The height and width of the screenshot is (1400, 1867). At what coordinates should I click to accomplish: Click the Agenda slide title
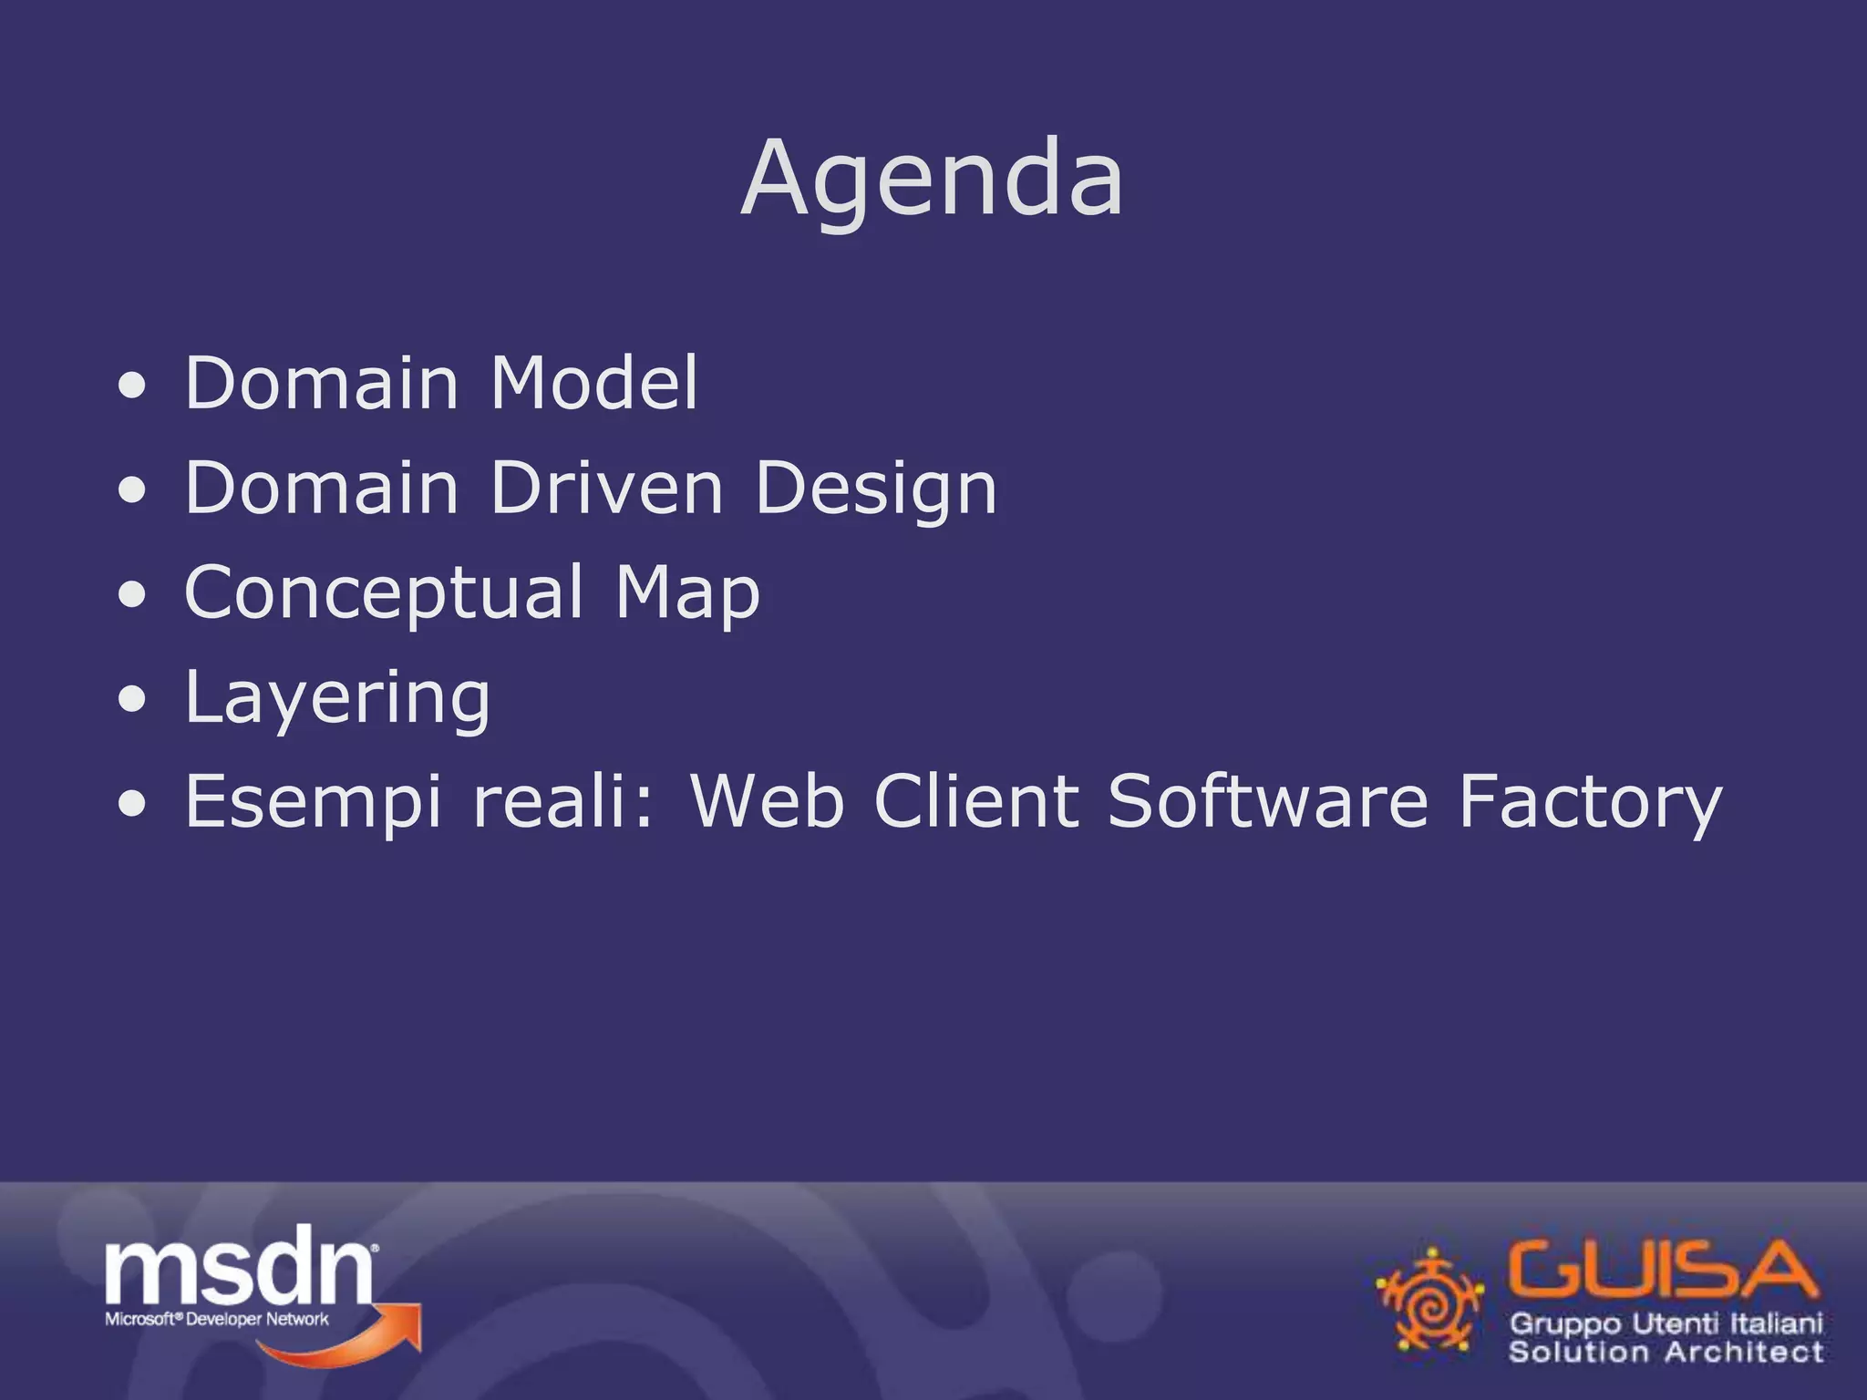click(932, 180)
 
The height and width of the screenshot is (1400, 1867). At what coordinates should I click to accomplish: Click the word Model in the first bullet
click(594, 383)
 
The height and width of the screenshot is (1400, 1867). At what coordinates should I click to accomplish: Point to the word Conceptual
click(383, 593)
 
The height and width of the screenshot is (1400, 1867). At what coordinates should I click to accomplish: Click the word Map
click(687, 593)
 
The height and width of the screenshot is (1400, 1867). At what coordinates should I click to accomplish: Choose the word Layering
click(337, 698)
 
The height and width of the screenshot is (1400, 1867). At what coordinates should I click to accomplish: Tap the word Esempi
click(314, 802)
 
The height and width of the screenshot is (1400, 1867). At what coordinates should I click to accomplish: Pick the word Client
click(976, 802)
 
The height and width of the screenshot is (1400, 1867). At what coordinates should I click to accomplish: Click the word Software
click(1268, 802)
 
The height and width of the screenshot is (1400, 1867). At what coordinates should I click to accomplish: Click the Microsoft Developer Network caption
click(217, 1319)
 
